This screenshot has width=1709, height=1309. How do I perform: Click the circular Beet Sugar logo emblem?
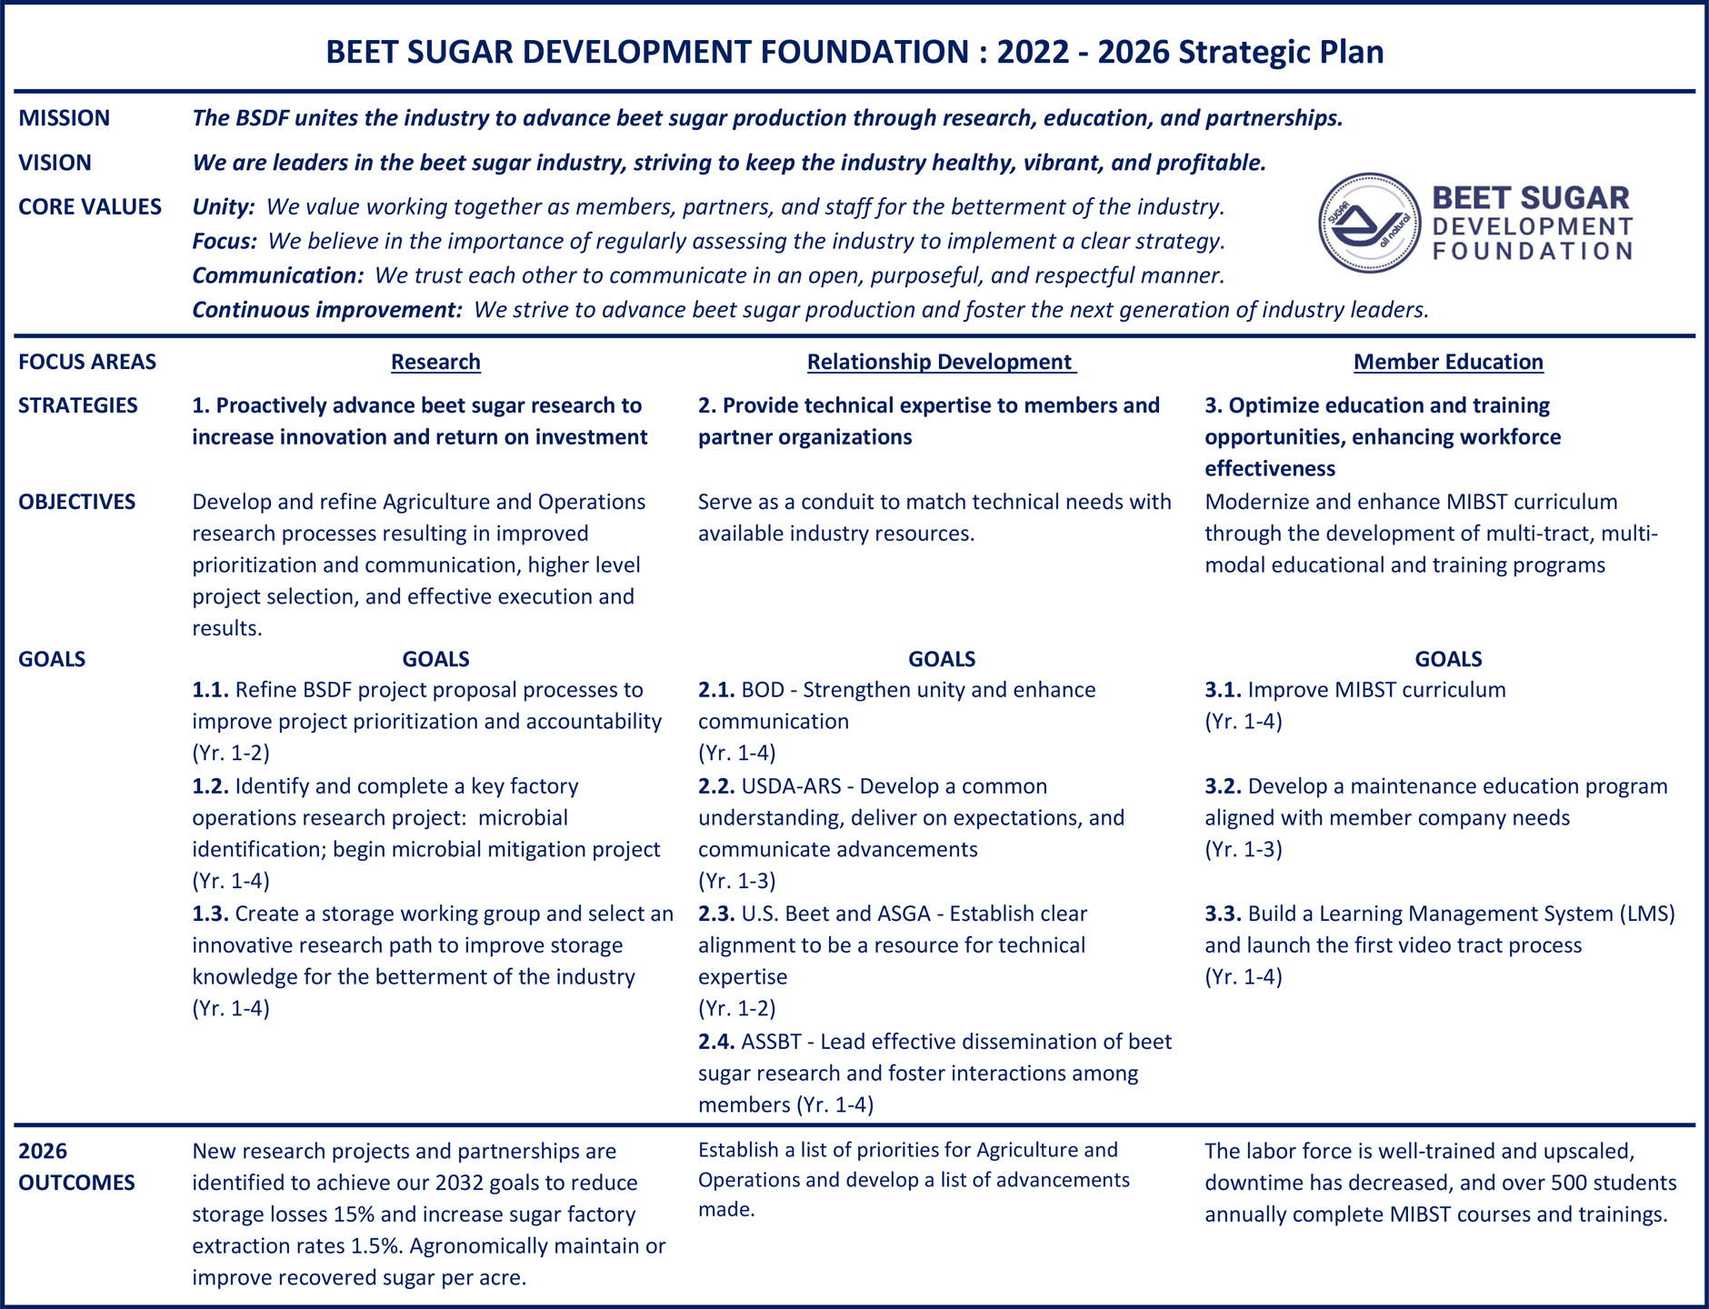click(1369, 224)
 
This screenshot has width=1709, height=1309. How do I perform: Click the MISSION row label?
click(64, 118)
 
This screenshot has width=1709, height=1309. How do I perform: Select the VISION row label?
click(55, 163)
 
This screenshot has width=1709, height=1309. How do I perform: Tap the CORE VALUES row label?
click(89, 206)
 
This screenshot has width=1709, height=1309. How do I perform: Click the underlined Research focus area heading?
click(435, 362)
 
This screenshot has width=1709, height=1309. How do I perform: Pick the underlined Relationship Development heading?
click(940, 362)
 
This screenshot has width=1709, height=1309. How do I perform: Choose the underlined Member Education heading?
click(1447, 362)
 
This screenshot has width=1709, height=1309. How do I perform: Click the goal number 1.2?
click(210, 786)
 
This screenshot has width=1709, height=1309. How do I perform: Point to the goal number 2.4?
click(716, 1042)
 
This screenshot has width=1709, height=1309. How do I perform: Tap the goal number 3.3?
click(1223, 914)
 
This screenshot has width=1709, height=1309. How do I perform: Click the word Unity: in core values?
click(224, 207)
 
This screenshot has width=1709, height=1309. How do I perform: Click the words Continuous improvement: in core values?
click(327, 310)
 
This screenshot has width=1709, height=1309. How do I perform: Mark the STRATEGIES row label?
click(77, 405)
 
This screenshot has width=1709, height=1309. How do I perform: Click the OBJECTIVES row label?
click(76, 502)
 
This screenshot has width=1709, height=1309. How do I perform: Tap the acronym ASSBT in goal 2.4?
click(771, 1042)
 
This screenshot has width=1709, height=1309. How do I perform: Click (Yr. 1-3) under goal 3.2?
click(1243, 850)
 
